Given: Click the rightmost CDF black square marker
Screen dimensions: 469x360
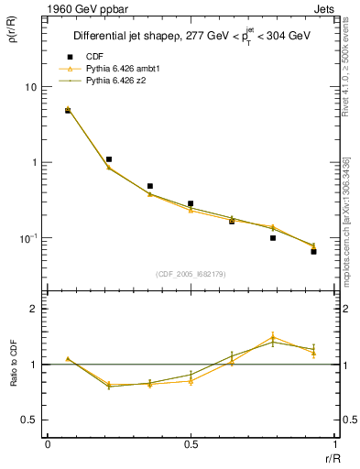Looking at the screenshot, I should (x=313, y=251).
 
